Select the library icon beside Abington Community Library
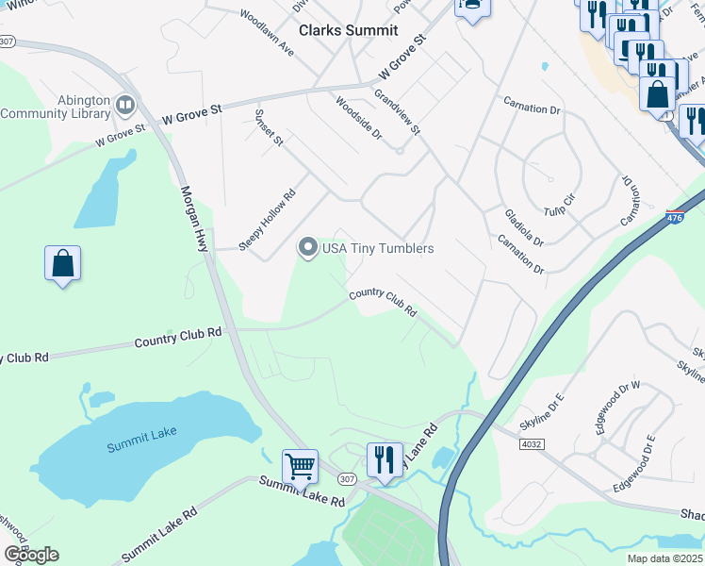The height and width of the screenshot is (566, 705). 125,101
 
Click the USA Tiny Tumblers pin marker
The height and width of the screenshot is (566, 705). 307,248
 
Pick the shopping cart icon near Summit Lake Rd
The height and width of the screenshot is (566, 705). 300,464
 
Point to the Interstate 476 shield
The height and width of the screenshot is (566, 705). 674,217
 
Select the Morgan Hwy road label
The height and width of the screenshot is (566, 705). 193,217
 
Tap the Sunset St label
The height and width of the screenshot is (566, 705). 269,127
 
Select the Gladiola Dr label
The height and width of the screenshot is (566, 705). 524,228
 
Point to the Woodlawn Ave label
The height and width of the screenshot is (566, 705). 267,33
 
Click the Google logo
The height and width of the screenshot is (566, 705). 31,555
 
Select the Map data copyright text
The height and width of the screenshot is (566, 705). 664,558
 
